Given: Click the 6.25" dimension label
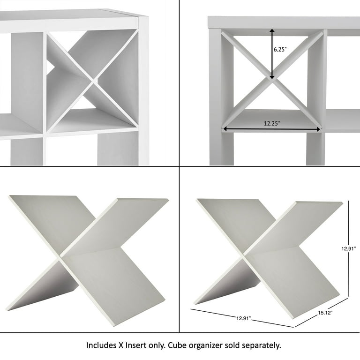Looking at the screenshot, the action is point(280,49).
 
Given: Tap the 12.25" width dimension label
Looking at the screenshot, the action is point(272,123).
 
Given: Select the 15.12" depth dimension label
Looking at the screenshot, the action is point(325,313).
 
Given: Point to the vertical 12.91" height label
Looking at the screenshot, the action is point(349,248).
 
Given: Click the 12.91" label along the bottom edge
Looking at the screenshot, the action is point(244,318).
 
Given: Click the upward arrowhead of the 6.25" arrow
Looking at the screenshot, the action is point(272,31).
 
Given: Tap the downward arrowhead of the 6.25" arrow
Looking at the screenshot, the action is point(272,77).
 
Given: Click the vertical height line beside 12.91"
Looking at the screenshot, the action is point(349,248).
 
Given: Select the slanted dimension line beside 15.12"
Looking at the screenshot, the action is point(322,312).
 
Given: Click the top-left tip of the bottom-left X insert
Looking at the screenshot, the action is point(9,196).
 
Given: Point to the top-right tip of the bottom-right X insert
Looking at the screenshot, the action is point(342,202).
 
